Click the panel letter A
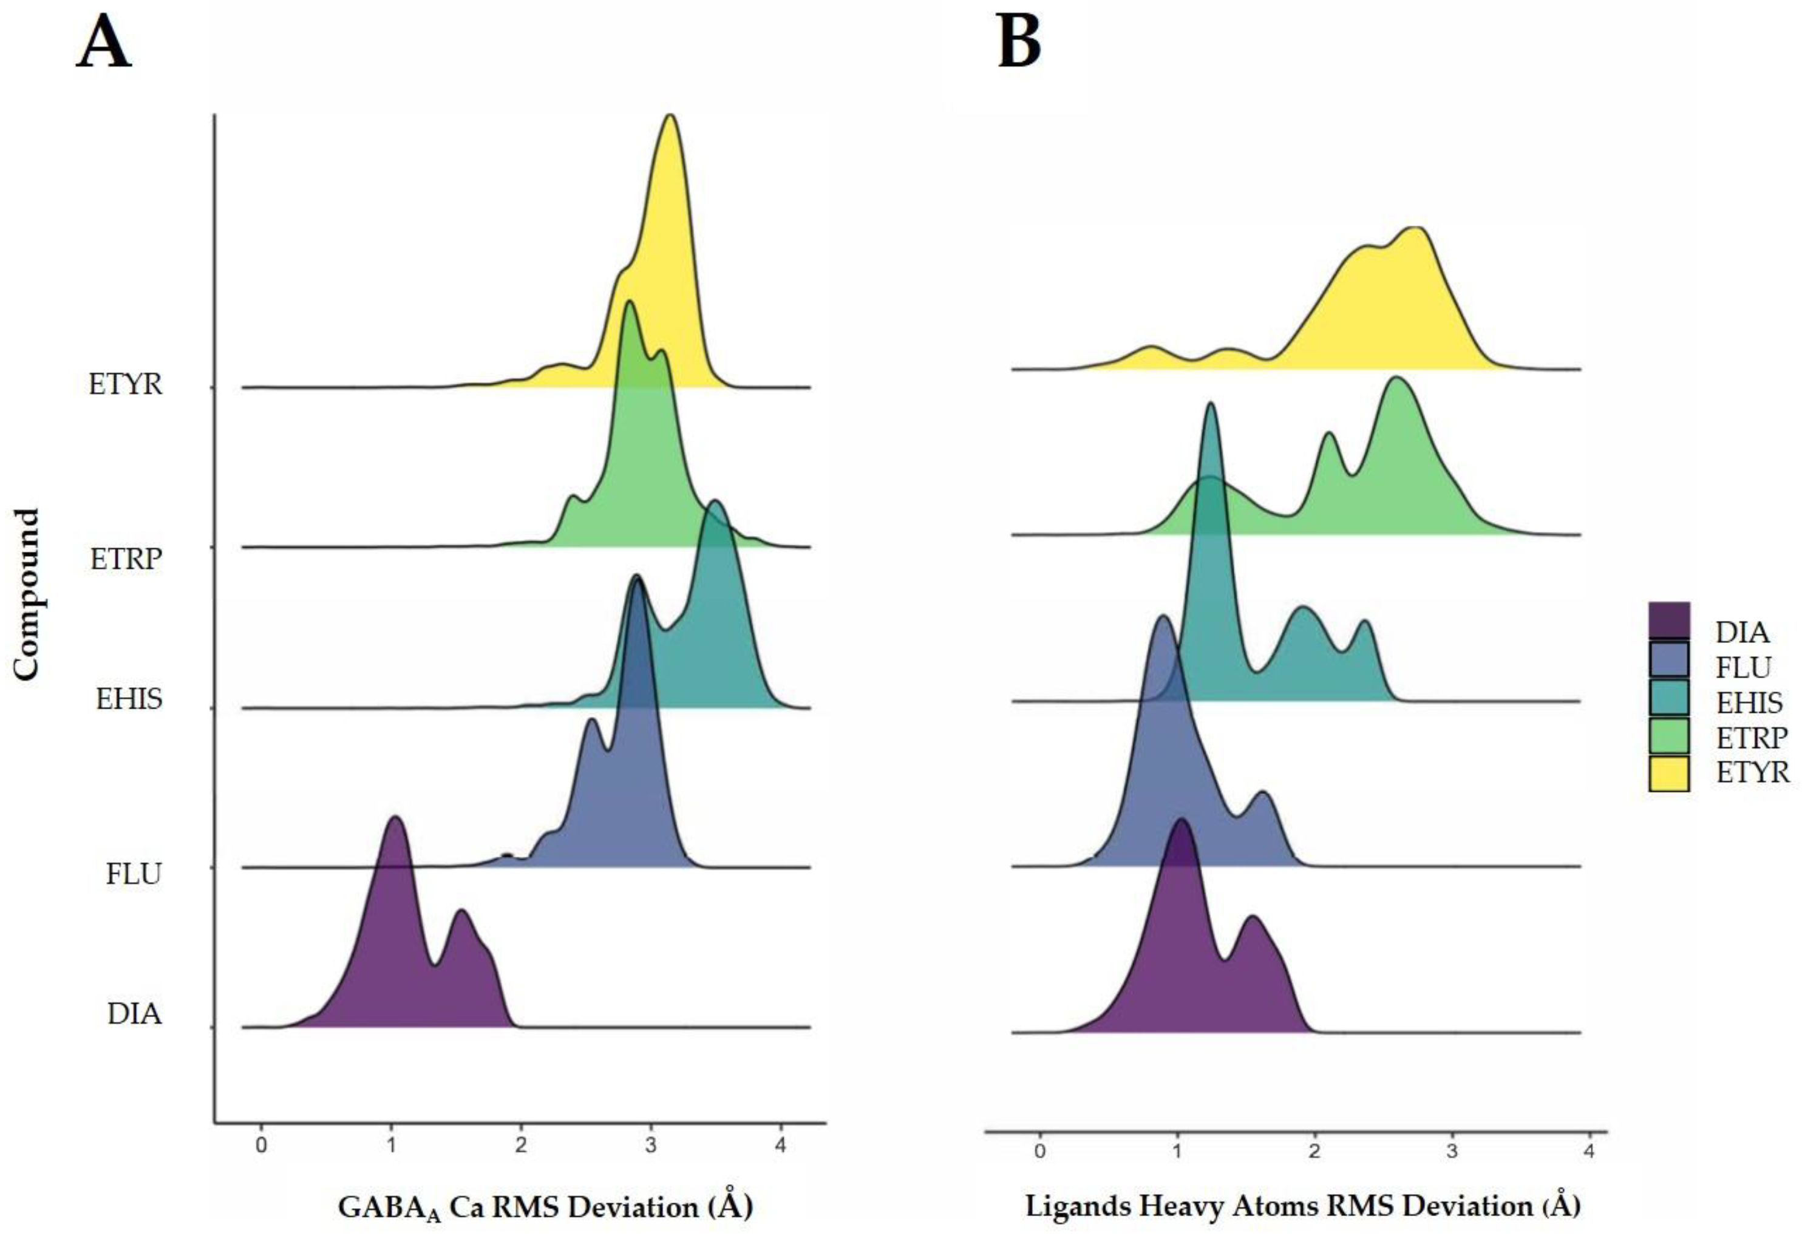pos(103,45)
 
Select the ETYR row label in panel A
pos(125,384)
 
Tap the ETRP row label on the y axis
pos(126,559)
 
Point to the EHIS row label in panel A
pos(129,699)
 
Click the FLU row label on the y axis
pos(134,874)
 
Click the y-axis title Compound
pos(27,595)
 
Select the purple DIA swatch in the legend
pos(1668,622)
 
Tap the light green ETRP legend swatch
pos(1668,736)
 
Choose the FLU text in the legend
pos(1743,667)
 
